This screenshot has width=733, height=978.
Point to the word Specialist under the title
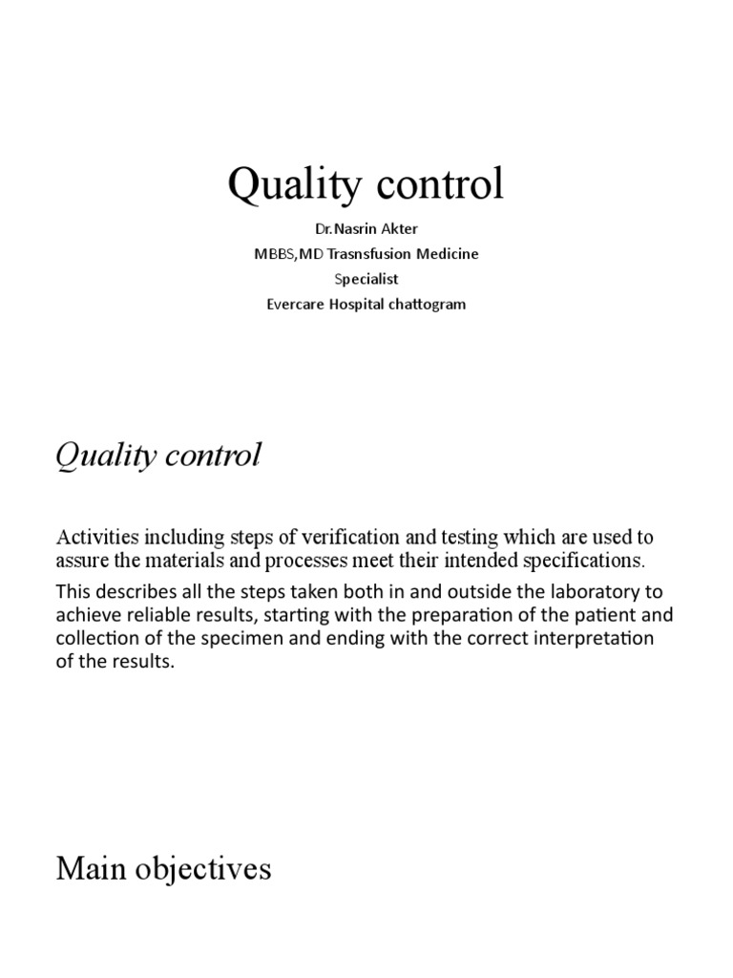(x=366, y=280)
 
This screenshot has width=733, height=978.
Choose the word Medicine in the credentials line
(x=445, y=255)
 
